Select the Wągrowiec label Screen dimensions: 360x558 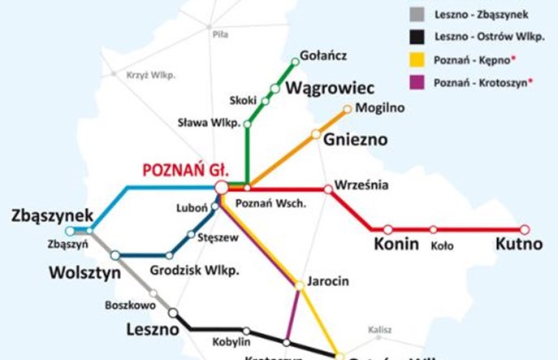[327, 86]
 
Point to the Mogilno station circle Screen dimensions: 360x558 [348, 108]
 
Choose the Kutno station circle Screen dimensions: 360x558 [525, 229]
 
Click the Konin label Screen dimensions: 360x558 [396, 245]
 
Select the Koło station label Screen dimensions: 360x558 [442, 245]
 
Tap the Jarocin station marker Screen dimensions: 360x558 [300, 284]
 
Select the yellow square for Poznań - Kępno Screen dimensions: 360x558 [417, 59]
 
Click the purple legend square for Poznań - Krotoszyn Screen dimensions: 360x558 [417, 83]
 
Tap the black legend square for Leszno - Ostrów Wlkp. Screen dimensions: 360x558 [417, 36]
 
